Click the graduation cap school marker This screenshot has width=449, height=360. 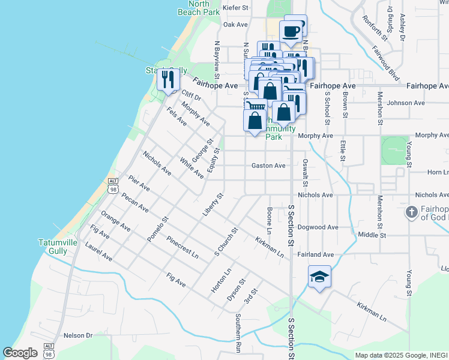pos(319,277)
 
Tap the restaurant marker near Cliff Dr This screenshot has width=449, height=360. pos(167,78)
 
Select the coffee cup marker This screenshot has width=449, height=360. pos(291,31)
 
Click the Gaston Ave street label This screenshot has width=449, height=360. pos(268,166)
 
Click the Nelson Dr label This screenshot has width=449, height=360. pos(78,335)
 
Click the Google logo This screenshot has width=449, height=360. pos(20,353)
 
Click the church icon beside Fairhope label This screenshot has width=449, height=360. pos(411,212)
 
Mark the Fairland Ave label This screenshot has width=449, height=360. pos(315,254)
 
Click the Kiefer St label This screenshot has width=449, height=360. pos(235,8)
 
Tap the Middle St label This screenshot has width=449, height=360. pos(372,235)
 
